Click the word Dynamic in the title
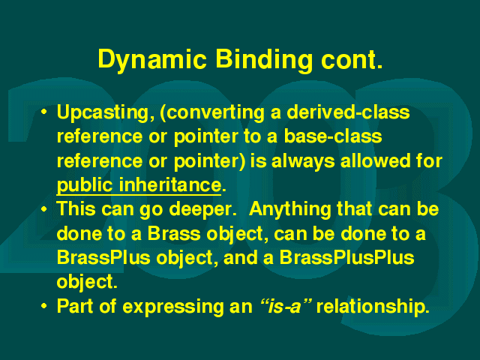point(152,60)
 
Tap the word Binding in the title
point(264,60)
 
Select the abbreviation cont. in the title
point(352,60)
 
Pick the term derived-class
point(348,112)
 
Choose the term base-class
point(333,136)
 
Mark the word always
point(303,162)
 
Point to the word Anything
point(290,210)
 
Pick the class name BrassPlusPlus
point(346,257)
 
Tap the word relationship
point(373,307)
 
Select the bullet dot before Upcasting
point(44,112)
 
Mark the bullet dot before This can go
point(44,209)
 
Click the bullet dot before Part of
point(44,306)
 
